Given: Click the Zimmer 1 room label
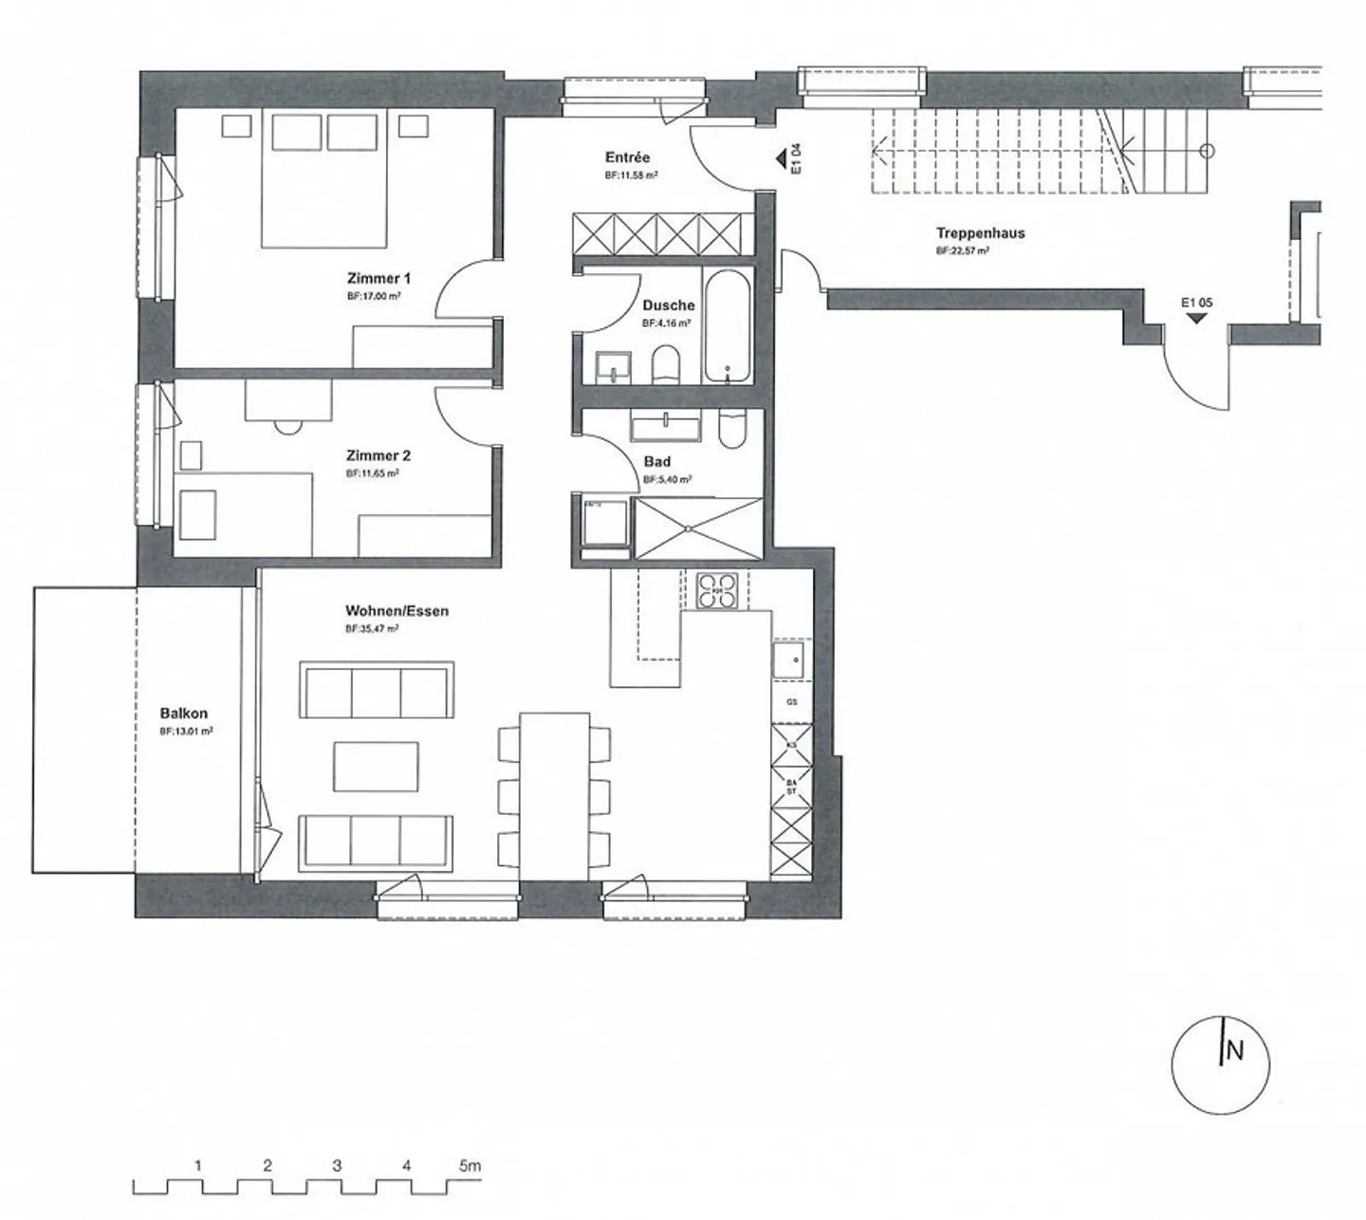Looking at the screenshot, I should pos(378,279).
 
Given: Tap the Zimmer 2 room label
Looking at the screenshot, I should pos(378,455).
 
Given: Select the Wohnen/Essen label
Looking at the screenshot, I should pos(397,611).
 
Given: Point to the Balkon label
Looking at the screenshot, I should pos(184,713).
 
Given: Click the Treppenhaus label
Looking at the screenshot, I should pos(980,233).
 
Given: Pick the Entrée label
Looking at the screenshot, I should pos(627,157).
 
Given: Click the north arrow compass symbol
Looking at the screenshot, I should pos(1220,1064).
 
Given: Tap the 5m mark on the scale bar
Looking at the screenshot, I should pos(470,1166).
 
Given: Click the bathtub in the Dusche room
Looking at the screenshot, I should pos(728,324).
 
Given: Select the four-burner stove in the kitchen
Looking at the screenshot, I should pos(717,590).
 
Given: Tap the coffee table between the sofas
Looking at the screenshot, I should pos(376,767).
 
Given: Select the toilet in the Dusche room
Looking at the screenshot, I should pos(667,365).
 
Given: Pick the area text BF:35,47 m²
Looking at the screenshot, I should pos(372,629).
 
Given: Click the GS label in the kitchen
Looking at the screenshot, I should pos(791,702).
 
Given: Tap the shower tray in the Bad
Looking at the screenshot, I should pos(698,527).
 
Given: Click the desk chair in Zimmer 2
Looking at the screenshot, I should pos(286,426).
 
